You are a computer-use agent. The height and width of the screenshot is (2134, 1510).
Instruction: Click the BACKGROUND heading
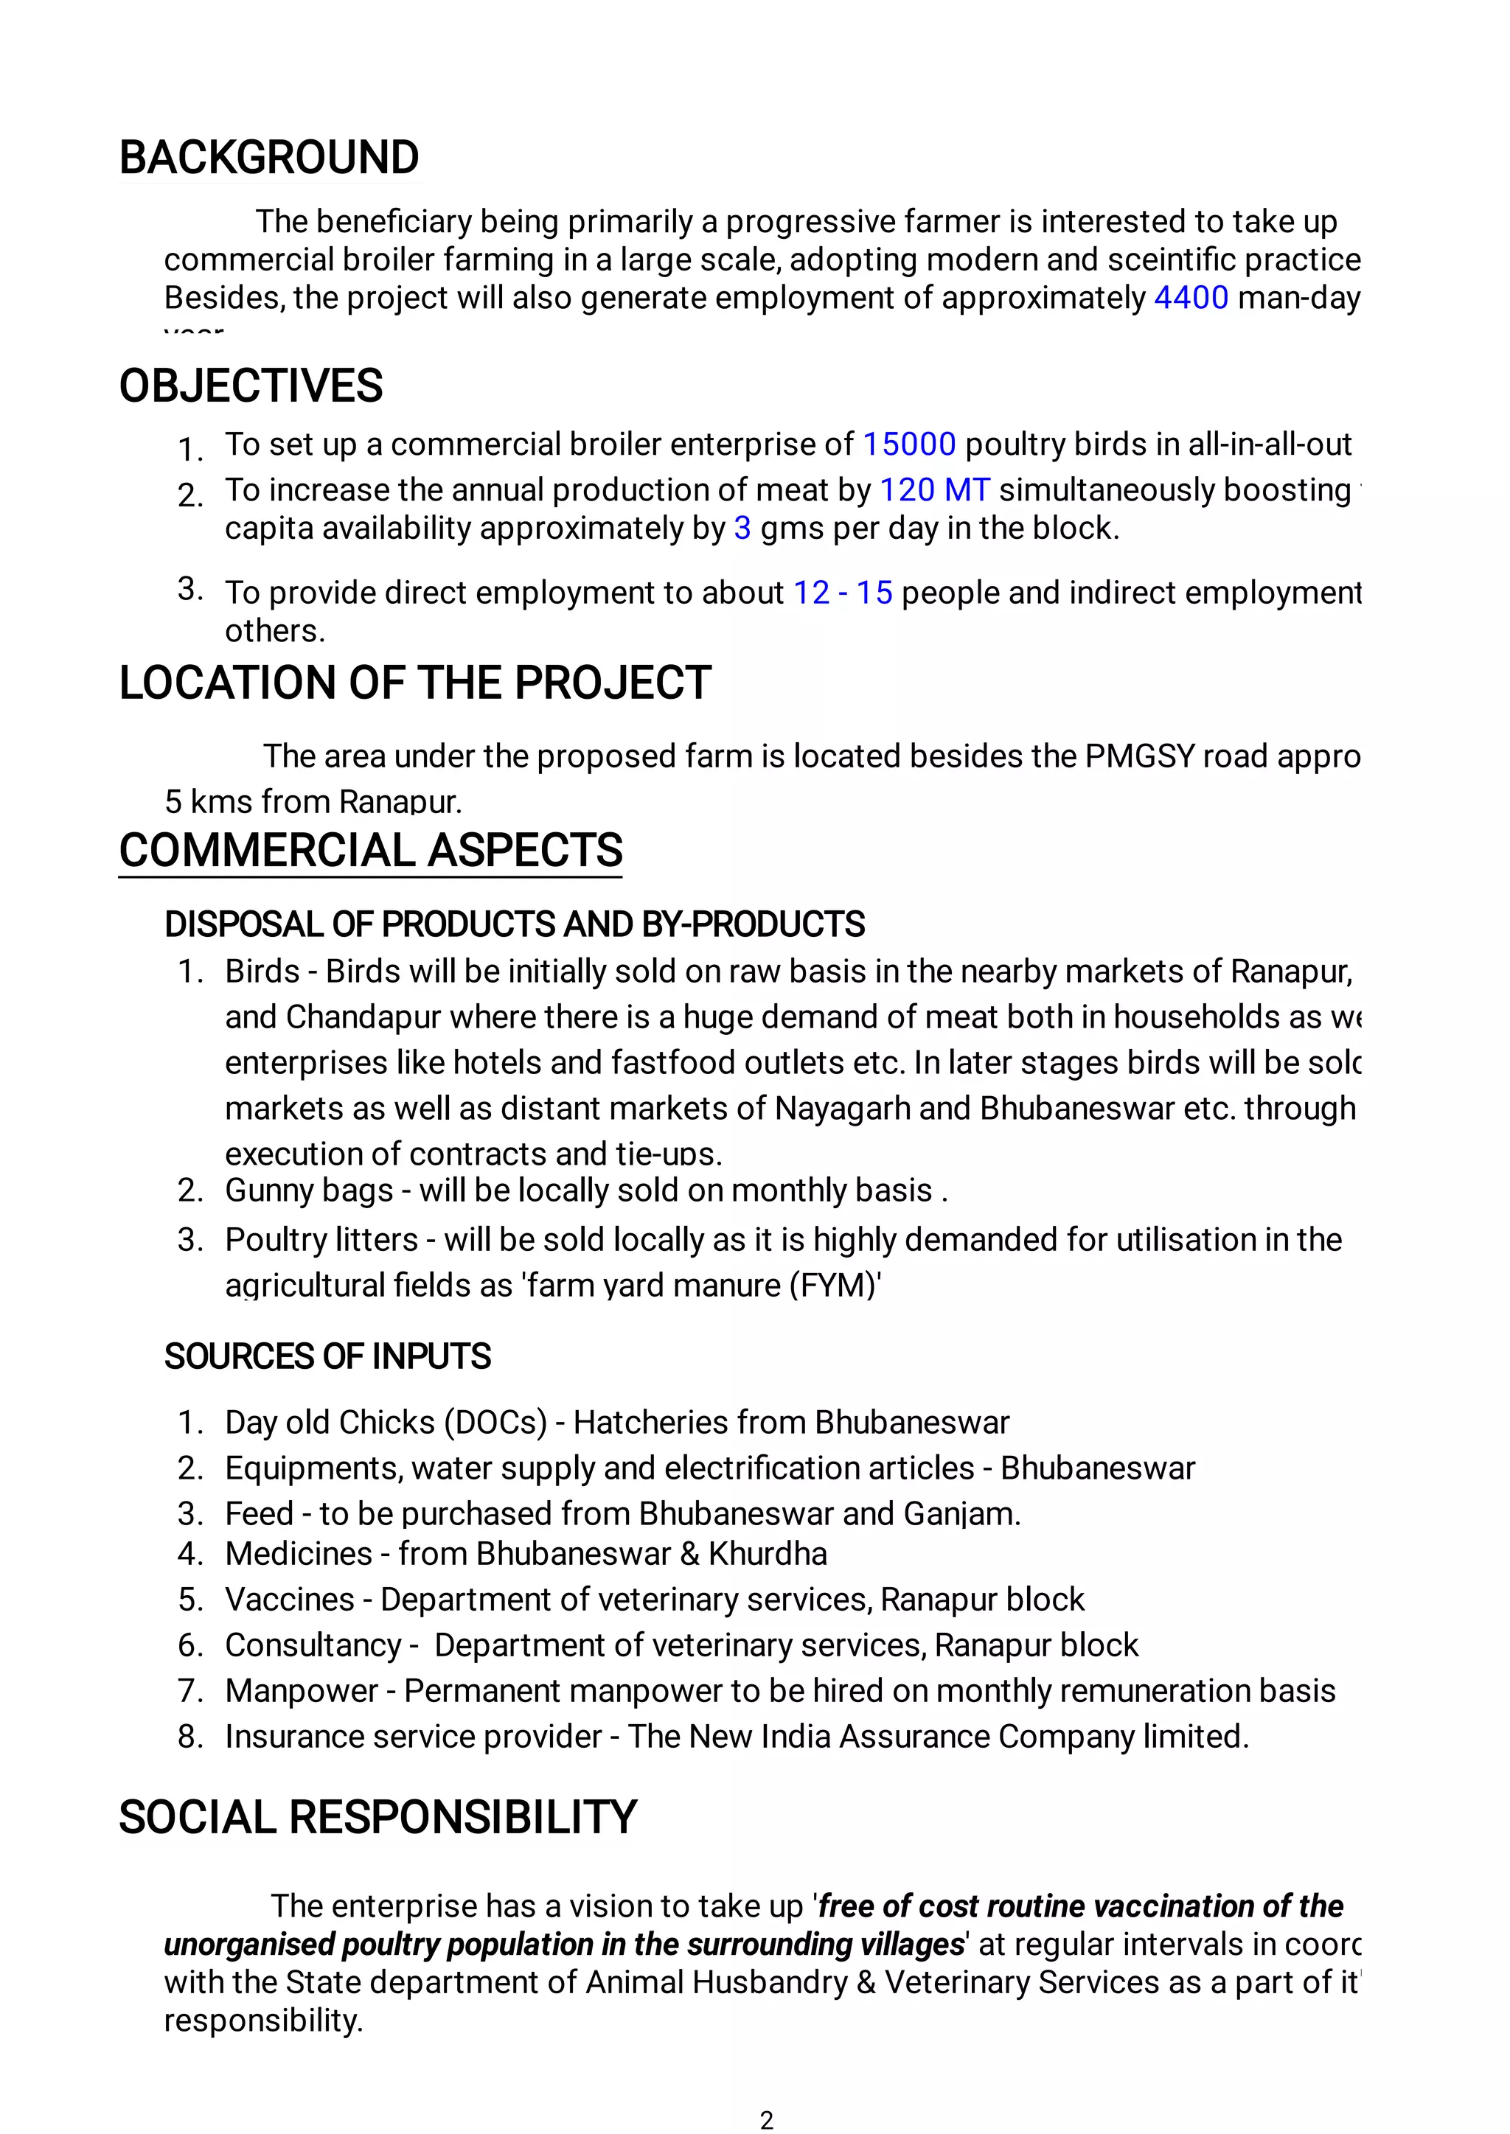point(268,157)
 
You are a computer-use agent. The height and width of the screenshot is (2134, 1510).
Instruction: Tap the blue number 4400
point(1190,297)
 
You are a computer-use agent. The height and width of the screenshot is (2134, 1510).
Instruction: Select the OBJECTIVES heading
point(250,386)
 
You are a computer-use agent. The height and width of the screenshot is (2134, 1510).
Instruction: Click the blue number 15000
point(908,444)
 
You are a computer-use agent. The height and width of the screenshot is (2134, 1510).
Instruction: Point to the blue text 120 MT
point(933,489)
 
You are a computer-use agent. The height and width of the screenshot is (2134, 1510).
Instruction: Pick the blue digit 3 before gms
point(742,528)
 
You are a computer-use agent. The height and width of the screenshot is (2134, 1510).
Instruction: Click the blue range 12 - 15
point(843,593)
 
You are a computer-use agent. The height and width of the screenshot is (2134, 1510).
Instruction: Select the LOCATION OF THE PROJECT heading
point(414,683)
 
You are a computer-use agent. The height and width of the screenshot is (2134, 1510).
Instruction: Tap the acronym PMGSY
point(1140,756)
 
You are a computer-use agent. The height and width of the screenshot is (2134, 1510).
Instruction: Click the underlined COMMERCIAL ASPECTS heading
point(370,851)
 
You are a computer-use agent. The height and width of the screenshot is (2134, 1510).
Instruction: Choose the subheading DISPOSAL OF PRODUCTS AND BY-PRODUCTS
point(514,925)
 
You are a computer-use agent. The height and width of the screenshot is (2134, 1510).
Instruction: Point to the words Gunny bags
point(309,1190)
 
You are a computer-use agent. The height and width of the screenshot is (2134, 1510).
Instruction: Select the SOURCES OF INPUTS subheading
point(327,1357)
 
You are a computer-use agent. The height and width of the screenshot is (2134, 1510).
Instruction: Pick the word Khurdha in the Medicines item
point(767,1554)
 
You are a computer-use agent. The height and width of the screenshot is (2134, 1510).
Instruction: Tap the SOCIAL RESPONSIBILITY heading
point(377,1818)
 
